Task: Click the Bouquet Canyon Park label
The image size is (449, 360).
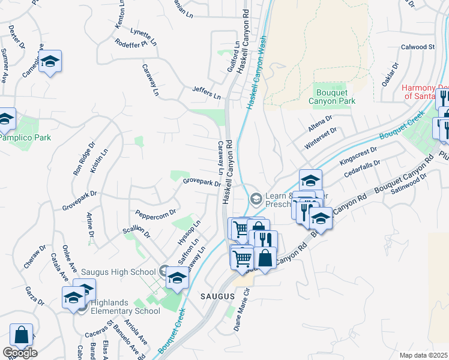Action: [x=336, y=97]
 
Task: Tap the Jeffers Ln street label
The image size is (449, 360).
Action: [x=206, y=92]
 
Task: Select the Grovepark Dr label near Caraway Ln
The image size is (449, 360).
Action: [x=202, y=181]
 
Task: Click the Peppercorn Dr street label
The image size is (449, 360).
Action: [x=155, y=213]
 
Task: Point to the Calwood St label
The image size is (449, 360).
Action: [x=417, y=46]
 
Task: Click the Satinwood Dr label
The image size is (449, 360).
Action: [x=408, y=185]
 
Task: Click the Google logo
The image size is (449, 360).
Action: [x=20, y=353]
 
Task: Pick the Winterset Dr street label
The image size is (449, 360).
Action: [x=321, y=137]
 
